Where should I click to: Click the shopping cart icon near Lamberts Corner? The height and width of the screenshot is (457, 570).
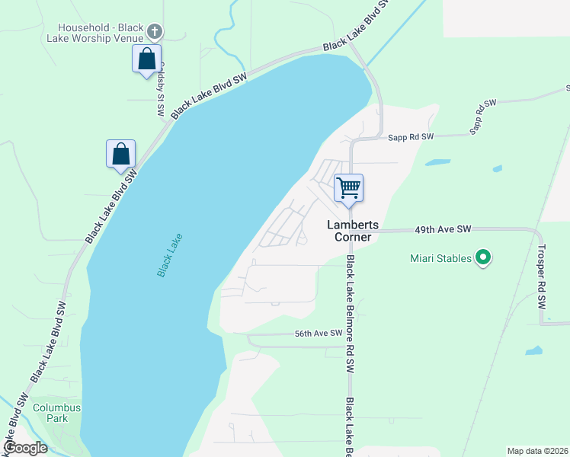click(x=349, y=187)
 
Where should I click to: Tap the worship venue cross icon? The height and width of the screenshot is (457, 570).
click(x=155, y=32)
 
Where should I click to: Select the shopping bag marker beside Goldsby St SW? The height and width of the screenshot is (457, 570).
click(x=146, y=58)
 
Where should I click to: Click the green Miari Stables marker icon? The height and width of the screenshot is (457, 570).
click(x=482, y=258)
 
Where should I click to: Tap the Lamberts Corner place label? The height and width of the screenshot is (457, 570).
click(x=349, y=231)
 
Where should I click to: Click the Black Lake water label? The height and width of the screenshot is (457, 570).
click(x=170, y=254)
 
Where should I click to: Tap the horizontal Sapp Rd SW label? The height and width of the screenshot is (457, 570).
click(x=411, y=137)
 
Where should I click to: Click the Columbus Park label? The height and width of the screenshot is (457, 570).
click(x=56, y=413)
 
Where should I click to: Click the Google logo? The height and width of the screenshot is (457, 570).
click(x=26, y=448)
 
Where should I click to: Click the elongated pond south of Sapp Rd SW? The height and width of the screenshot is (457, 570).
click(x=437, y=162)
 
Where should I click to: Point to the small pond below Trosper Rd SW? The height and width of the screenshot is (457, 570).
click(x=533, y=351)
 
